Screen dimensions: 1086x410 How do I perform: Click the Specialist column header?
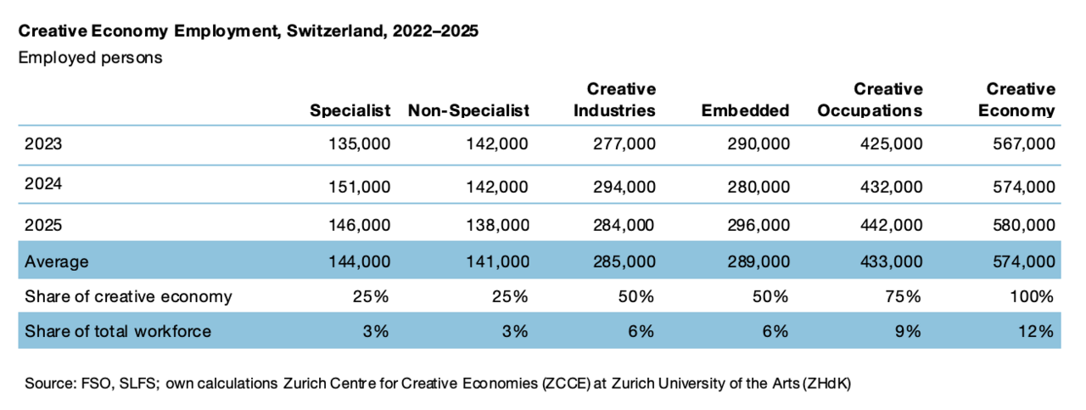tap(350, 111)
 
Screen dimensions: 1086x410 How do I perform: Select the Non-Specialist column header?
tap(468, 111)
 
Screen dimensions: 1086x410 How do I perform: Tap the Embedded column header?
tap(745, 110)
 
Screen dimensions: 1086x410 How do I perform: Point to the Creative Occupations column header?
tap(870, 100)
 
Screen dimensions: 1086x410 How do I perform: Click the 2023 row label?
tap(43, 144)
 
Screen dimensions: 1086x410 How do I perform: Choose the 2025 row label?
tap(43, 225)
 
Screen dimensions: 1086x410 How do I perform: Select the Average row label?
tap(57, 261)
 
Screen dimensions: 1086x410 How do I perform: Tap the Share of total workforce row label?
tap(118, 331)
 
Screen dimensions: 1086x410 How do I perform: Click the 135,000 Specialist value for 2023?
tap(359, 144)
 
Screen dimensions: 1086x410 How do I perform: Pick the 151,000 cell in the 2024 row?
tap(359, 187)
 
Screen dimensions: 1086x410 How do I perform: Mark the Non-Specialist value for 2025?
tap(497, 225)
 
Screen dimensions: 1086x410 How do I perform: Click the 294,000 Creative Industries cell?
tap(624, 187)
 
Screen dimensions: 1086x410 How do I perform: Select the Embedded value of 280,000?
tap(759, 187)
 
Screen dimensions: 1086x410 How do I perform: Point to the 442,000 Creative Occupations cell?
tap(892, 225)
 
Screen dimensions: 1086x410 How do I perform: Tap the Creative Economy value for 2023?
tap(1024, 144)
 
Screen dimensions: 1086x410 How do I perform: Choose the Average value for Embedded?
tap(759, 262)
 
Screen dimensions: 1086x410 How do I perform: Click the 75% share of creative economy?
tap(903, 296)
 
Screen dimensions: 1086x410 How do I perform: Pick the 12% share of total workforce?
tap(1036, 331)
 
